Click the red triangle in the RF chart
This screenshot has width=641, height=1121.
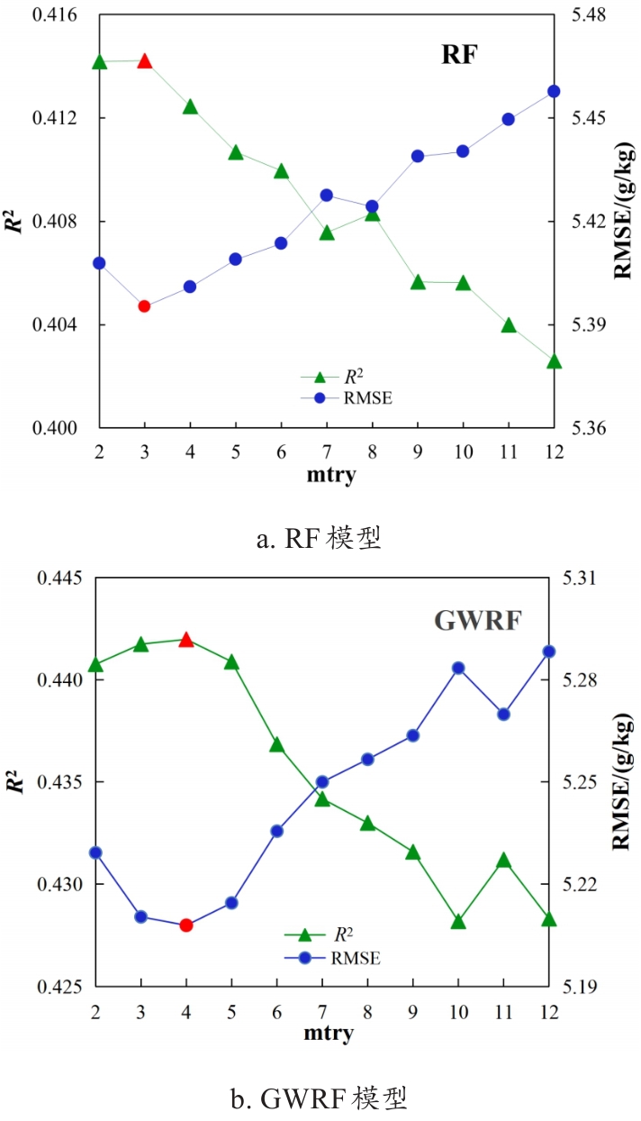144,61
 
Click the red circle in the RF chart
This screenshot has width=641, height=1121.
144,306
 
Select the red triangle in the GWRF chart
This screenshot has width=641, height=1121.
186,640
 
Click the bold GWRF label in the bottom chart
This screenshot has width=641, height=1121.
477,622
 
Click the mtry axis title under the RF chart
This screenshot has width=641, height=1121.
326,475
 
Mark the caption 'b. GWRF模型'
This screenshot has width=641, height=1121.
320,1098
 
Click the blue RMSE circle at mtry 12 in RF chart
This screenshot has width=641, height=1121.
554,91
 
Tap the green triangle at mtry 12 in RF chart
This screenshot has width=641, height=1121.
554,361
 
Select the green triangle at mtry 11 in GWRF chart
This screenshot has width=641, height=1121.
504,861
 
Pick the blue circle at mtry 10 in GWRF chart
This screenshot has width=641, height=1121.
458,668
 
